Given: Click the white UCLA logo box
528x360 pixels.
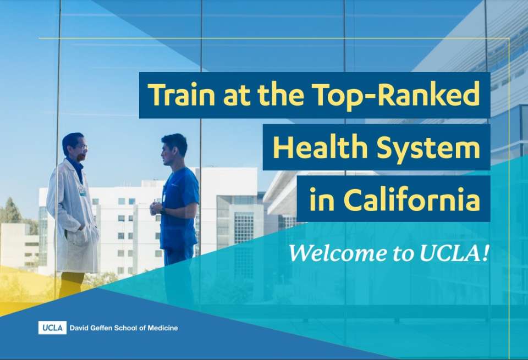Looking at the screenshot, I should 52,328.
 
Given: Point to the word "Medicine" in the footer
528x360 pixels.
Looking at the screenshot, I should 162,328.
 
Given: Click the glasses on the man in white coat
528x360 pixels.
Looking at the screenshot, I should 81,147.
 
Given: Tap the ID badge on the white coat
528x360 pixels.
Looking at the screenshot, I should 82,190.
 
